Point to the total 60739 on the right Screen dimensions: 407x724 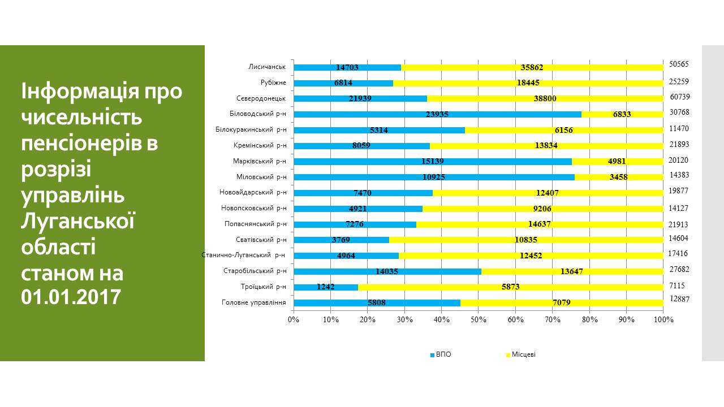point(679,97)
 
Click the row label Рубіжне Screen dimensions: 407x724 point(273,83)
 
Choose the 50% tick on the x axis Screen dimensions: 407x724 point(479,320)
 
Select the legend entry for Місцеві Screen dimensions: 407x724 point(523,355)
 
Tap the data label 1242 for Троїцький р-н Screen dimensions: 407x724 point(326,287)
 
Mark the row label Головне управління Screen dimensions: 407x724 point(254,302)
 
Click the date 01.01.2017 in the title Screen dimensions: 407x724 point(71,296)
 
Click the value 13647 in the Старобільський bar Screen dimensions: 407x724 point(571,271)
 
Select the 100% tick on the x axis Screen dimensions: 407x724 point(663,320)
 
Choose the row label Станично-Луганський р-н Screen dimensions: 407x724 point(243,255)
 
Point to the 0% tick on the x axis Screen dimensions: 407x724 point(294,320)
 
